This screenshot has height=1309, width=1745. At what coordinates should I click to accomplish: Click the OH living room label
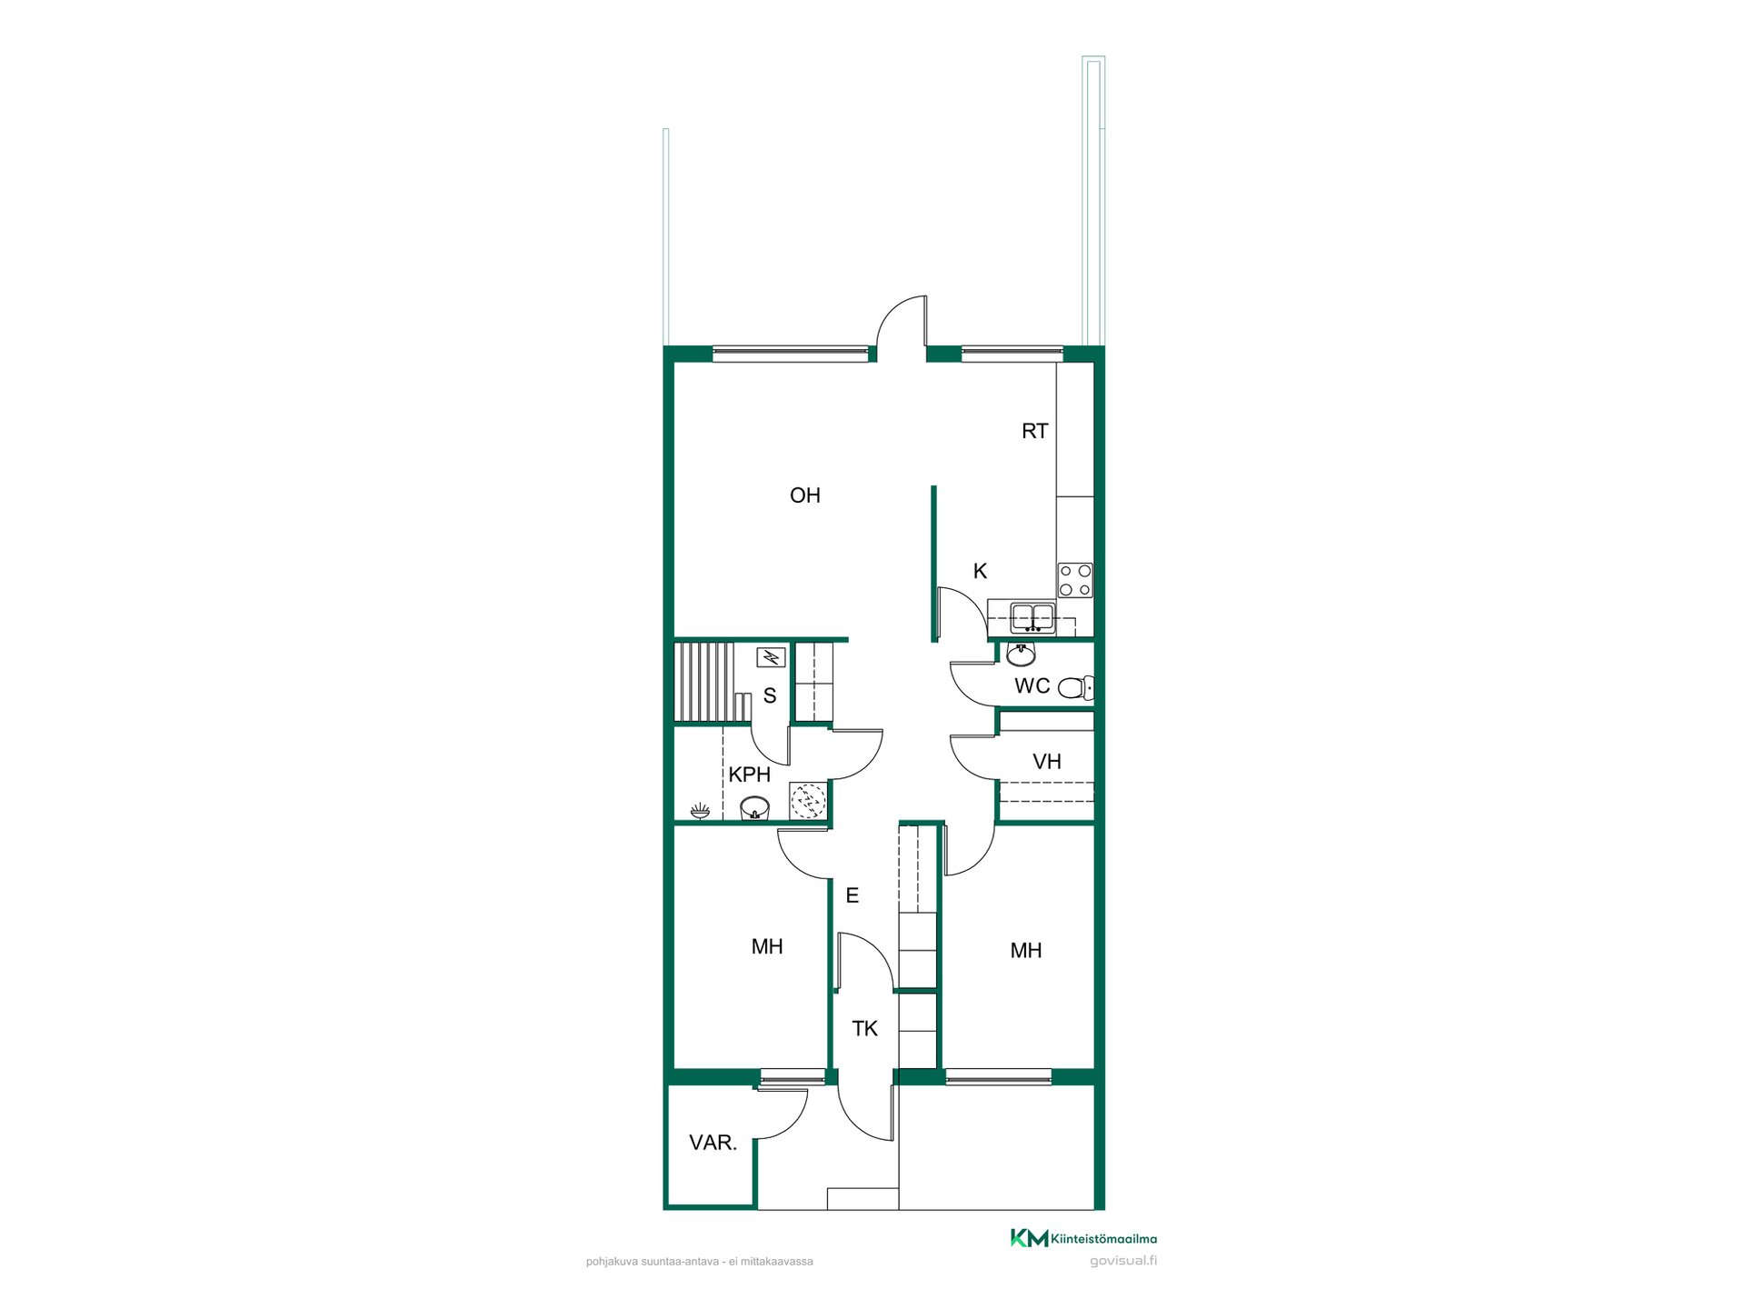(804, 495)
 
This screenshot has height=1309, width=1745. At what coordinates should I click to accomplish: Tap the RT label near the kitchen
(1034, 431)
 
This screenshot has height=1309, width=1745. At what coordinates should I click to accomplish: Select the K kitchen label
(980, 571)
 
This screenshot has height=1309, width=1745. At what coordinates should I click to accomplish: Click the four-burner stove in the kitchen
(1075, 580)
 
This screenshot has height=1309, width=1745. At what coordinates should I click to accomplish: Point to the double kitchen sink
(1033, 617)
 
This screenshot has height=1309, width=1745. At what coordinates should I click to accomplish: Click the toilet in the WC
(1076, 687)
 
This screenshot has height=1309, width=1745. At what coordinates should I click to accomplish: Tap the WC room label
(1032, 686)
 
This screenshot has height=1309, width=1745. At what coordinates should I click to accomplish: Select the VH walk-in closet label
(1046, 762)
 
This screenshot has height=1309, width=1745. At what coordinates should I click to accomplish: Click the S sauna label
(770, 696)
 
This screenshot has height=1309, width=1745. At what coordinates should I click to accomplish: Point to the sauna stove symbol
(771, 656)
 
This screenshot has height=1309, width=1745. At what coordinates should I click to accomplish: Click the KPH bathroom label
(749, 774)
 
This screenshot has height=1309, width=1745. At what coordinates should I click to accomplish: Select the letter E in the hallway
(852, 895)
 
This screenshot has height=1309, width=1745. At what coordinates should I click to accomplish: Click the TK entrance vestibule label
(864, 1029)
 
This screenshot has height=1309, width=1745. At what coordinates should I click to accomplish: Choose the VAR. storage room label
(713, 1143)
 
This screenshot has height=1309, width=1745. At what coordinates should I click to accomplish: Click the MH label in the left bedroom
(767, 947)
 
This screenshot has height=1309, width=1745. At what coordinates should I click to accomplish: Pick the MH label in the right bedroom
(1026, 951)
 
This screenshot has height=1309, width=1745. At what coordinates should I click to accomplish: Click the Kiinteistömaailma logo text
(1103, 1239)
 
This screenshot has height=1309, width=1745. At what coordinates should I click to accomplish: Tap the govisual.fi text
(1123, 1261)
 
